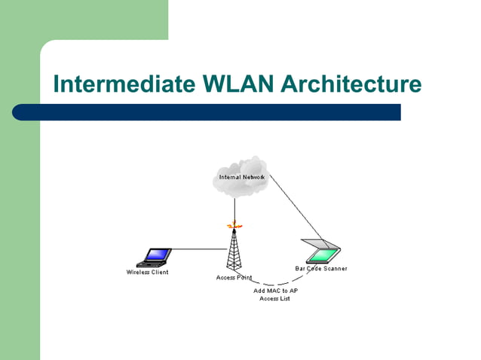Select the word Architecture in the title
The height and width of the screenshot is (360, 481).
point(351,84)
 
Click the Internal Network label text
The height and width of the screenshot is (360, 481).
point(241,177)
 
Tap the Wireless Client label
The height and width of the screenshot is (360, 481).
point(147,272)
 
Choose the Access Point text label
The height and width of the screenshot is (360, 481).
point(234,278)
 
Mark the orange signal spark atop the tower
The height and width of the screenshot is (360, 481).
point(234,224)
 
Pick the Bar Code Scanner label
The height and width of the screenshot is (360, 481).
point(320,269)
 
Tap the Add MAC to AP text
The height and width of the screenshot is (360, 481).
point(274,291)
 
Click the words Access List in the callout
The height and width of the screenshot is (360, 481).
point(274,299)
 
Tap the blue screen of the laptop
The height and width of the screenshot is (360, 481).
point(158,255)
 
